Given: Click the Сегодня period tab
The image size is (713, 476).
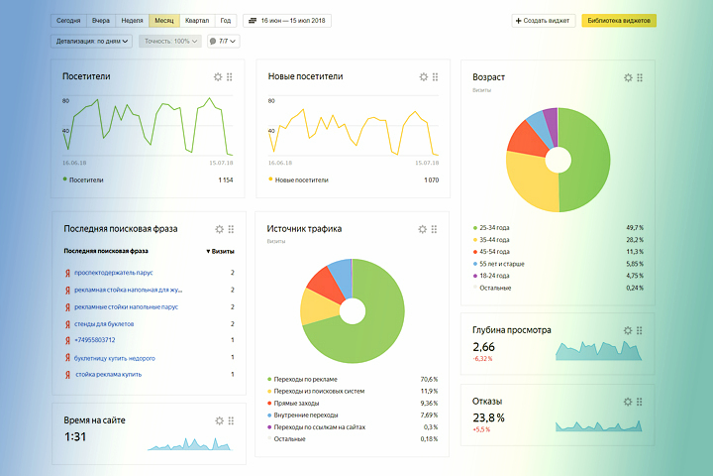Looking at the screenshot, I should pos(68,20).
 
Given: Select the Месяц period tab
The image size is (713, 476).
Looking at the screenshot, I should pos(164,20).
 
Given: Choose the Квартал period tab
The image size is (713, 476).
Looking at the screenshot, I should pos(196,20).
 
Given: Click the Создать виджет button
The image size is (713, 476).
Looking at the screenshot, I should pos(543,20).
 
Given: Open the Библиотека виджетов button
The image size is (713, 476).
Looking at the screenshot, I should pos(619,20).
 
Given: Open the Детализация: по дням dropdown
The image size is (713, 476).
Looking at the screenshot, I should pos(91,42).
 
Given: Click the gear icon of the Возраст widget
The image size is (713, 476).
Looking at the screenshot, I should pos(628,77).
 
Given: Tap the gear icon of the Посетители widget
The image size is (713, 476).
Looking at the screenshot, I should pos(218,76).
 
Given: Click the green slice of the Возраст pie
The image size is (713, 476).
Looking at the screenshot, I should pos(589,159).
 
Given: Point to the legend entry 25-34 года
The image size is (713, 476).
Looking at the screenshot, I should pos(495,227).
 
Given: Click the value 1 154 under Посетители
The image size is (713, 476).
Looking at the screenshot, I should pos(225,180).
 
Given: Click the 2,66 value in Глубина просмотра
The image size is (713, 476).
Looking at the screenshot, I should pos(484,346).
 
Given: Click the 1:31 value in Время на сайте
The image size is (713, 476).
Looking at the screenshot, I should pos(76,437).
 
